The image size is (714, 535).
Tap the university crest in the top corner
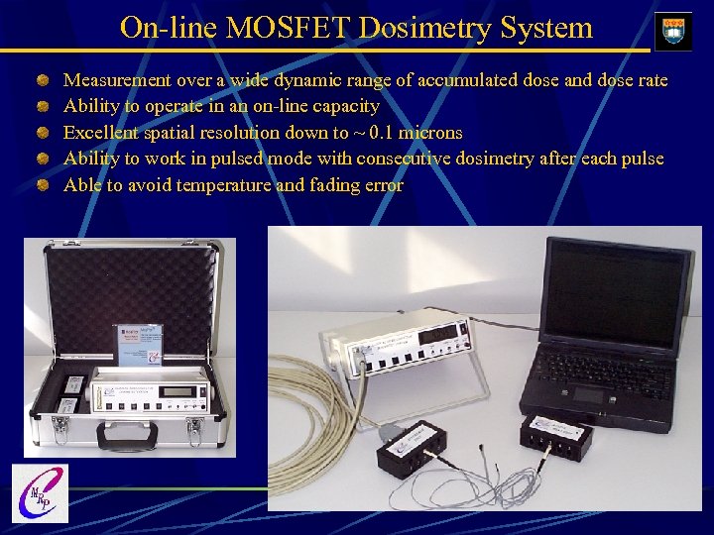[673, 29]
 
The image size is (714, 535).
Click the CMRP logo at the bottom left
[39, 492]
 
